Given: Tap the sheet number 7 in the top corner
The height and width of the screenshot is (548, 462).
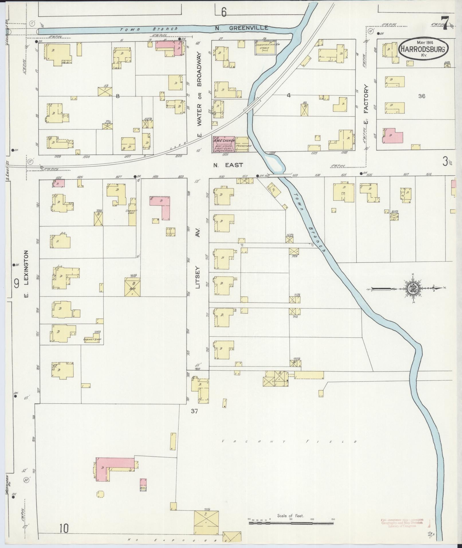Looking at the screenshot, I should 445,23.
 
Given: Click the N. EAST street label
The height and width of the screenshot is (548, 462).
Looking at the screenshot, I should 228,165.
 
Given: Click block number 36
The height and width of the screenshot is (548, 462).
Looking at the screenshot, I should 421,96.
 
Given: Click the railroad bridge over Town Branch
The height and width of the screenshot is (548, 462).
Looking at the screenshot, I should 251,105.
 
